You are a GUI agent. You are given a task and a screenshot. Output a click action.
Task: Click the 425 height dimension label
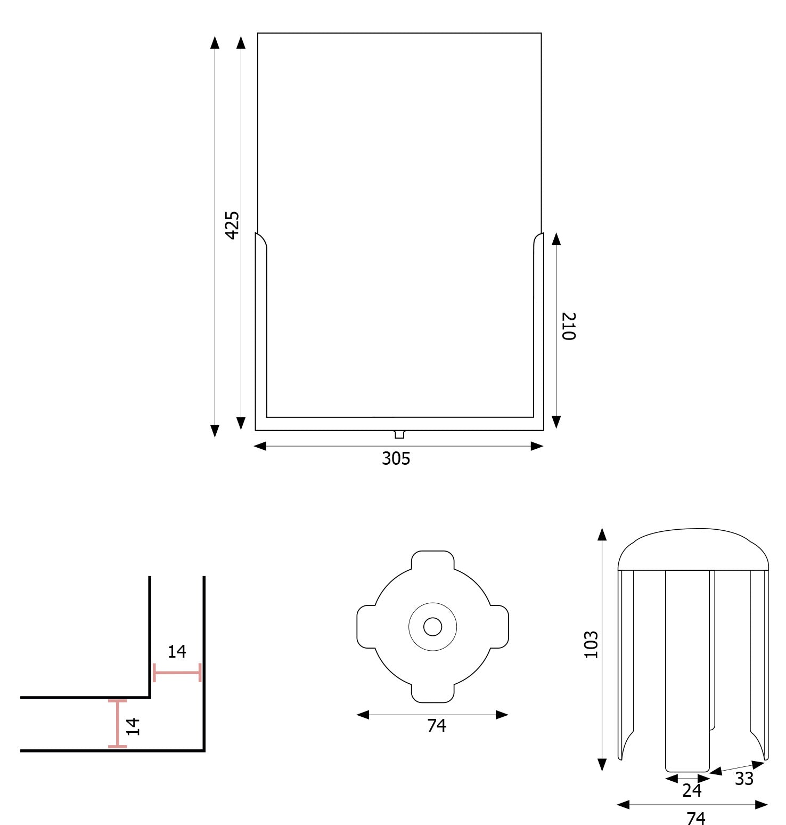point(232,225)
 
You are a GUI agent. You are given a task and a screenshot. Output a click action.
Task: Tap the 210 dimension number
point(569,326)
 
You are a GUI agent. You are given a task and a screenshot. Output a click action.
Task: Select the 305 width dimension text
point(396,458)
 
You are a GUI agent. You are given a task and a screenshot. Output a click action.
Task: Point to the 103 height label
point(591,645)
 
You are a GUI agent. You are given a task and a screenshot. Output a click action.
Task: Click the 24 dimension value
point(692,790)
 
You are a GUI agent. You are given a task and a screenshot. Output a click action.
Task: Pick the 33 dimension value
point(744,779)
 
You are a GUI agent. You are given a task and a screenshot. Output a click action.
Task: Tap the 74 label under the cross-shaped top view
point(436,725)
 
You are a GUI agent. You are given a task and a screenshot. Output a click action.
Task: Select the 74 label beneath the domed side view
point(696,817)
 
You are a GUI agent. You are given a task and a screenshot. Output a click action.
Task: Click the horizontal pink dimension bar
point(177,673)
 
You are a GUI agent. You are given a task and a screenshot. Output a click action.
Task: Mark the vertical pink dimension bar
point(117,723)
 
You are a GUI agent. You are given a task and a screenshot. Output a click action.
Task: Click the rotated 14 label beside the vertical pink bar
point(133,726)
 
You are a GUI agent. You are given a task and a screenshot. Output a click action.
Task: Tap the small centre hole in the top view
point(432,627)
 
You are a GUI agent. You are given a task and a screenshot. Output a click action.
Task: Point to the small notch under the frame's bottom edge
point(399,434)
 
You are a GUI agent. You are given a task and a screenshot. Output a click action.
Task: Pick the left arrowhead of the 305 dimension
point(260,446)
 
